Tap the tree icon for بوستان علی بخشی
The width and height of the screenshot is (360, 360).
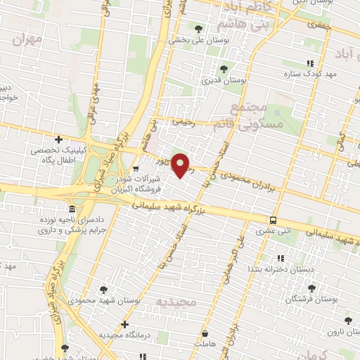click(x=199, y=29)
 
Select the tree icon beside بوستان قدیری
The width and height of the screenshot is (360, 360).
click(x=224, y=69)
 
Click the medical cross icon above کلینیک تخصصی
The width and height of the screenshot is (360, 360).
click(x=58, y=139)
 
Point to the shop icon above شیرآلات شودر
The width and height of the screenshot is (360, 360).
click(x=136, y=169)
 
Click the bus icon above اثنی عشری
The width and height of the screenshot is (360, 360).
click(x=273, y=219)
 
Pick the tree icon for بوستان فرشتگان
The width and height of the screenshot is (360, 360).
click(x=311, y=288)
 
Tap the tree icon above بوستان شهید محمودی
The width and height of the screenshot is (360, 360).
click(x=104, y=289)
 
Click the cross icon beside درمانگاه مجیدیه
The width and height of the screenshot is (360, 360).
click(x=124, y=325)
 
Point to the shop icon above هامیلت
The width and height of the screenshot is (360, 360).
click(x=204, y=333)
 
